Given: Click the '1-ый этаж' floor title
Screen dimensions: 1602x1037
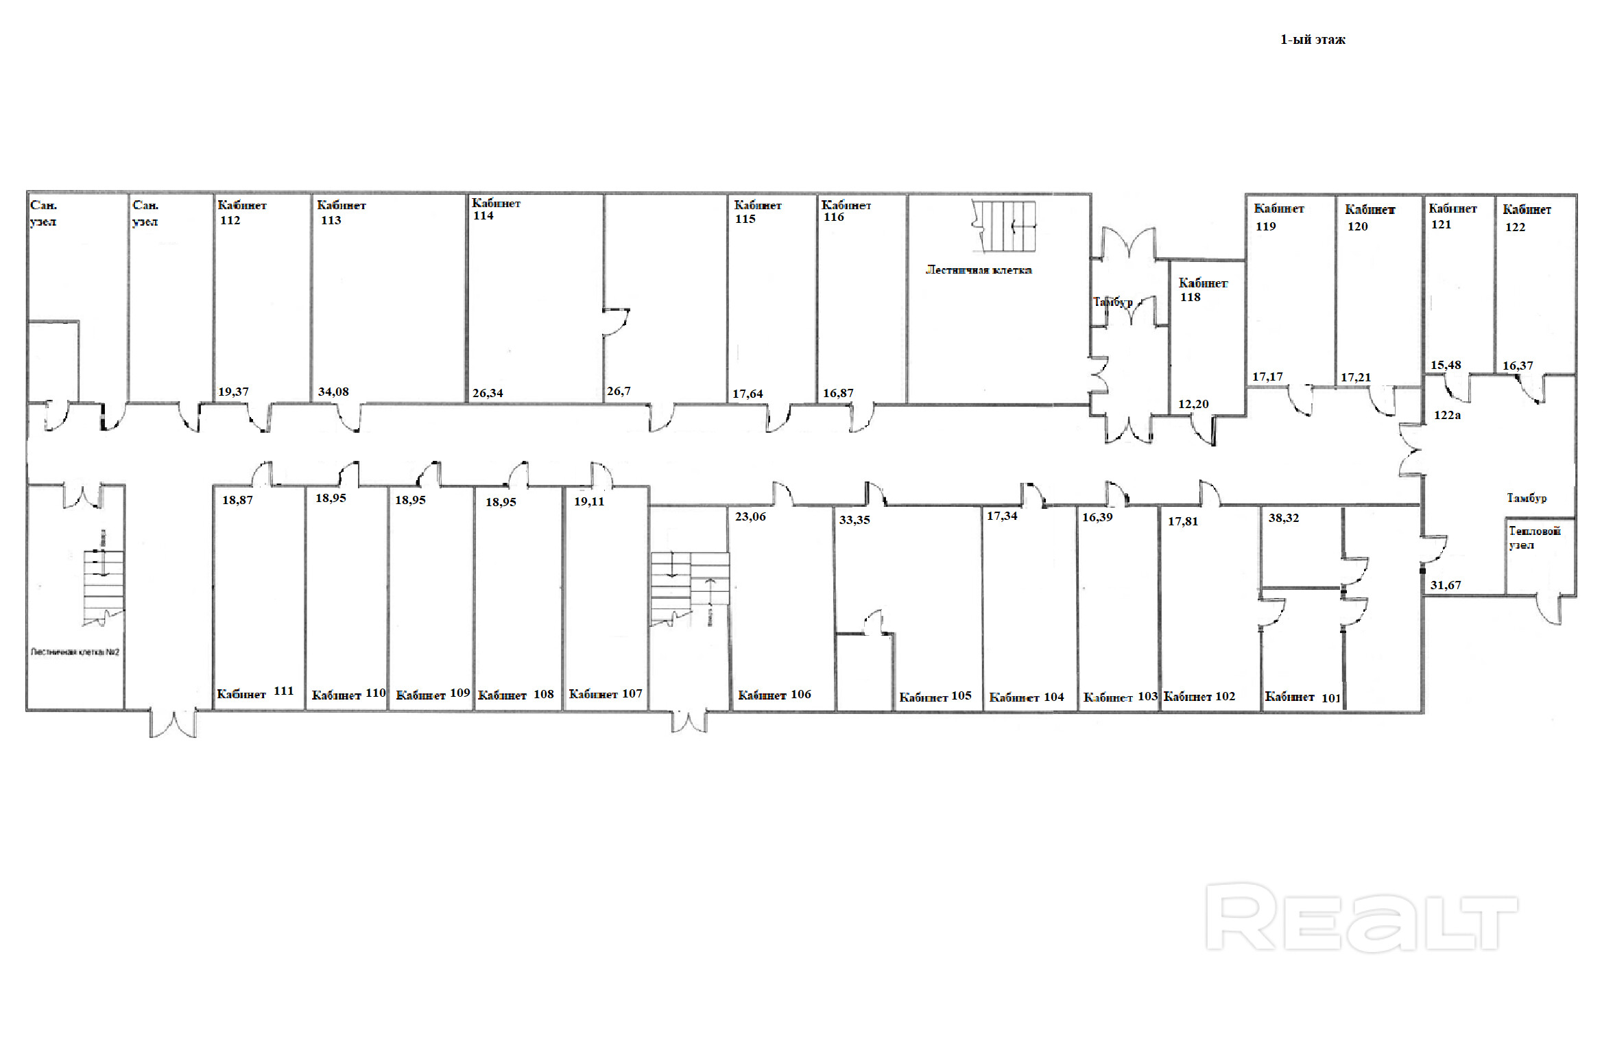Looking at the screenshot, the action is [1312, 40].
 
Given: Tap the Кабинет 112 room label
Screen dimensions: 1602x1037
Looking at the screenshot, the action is [241, 213].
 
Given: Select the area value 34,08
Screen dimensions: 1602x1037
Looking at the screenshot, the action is [333, 392].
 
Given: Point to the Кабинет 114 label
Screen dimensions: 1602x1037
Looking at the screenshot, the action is [495, 209].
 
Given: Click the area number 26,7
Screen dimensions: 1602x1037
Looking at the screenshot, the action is [618, 391].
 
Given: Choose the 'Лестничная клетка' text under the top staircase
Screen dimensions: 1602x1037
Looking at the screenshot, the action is [979, 270].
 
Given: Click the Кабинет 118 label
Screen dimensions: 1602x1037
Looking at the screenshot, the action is [1202, 289].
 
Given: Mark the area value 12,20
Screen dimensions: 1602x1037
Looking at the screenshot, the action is [1193, 404].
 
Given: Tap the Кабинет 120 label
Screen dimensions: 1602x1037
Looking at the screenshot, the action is [1369, 217].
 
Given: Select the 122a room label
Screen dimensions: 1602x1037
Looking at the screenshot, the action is [1447, 415].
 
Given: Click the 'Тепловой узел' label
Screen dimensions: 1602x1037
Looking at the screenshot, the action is [1534, 537].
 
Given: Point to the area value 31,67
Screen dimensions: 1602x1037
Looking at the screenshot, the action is [1446, 585].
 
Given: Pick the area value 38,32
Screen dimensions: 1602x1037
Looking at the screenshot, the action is [1283, 518].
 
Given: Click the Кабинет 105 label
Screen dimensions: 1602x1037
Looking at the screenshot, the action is [935, 696].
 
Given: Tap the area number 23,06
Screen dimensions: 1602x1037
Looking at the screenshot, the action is [750, 516].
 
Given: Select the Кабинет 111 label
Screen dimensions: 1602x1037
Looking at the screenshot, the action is [255, 693].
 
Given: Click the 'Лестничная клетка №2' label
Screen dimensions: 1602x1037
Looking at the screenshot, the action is [75, 652].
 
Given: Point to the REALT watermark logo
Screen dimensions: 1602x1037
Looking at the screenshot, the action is [1361, 916].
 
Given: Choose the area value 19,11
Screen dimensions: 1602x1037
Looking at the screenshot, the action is [589, 501].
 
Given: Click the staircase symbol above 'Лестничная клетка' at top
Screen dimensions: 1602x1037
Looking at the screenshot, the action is [1004, 226].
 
